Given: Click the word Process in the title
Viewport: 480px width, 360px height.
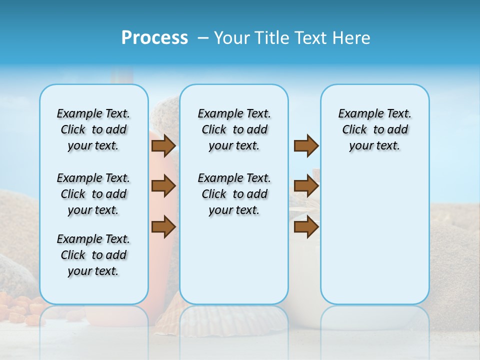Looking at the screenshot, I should click(154, 37).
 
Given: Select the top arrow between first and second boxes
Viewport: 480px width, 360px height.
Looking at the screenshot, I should click(163, 145).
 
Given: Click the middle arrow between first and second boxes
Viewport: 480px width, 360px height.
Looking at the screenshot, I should click(163, 186).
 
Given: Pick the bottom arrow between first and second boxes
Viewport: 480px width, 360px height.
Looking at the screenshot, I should click(163, 227).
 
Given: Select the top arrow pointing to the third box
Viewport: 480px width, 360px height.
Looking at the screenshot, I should click(306, 145).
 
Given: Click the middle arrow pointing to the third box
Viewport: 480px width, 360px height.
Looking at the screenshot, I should click(306, 186).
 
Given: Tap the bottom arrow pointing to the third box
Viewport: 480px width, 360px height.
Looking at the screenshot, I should click(306, 227).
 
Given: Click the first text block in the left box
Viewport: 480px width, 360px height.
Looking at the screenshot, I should click(93, 129).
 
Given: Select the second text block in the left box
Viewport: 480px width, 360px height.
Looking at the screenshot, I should click(93, 194).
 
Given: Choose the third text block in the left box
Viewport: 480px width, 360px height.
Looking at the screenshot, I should click(93, 255).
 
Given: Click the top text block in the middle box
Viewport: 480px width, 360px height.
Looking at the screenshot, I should click(234, 129).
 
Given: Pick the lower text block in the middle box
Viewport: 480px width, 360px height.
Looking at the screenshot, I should click(234, 194).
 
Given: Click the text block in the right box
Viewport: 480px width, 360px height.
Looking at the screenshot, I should click(374, 129).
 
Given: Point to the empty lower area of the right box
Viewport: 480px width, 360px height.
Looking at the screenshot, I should click(374, 240).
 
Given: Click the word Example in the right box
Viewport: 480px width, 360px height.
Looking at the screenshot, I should click(356, 114).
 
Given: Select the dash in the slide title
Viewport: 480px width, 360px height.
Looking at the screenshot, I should click(202, 38).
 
